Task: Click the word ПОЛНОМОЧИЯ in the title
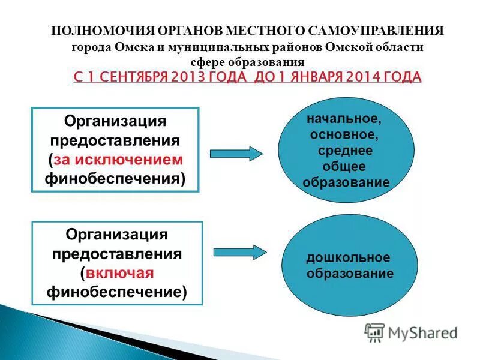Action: [x=95, y=31]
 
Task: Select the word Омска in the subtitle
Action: [x=127, y=47]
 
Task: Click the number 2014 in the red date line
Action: [x=355, y=77]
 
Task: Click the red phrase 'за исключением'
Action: [x=118, y=160]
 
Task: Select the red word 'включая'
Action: [x=119, y=273]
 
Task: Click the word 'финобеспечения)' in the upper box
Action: [x=115, y=178]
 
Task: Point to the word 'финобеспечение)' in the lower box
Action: [x=117, y=292]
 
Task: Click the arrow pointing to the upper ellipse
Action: [x=236, y=152]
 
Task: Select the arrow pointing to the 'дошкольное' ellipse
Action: [x=239, y=252]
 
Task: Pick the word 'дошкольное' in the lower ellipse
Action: [x=348, y=258]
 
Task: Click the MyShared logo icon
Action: [x=374, y=332]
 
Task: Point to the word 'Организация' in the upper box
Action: [x=115, y=122]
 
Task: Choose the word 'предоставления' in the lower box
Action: [x=117, y=253]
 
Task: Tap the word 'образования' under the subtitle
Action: [x=272, y=62]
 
